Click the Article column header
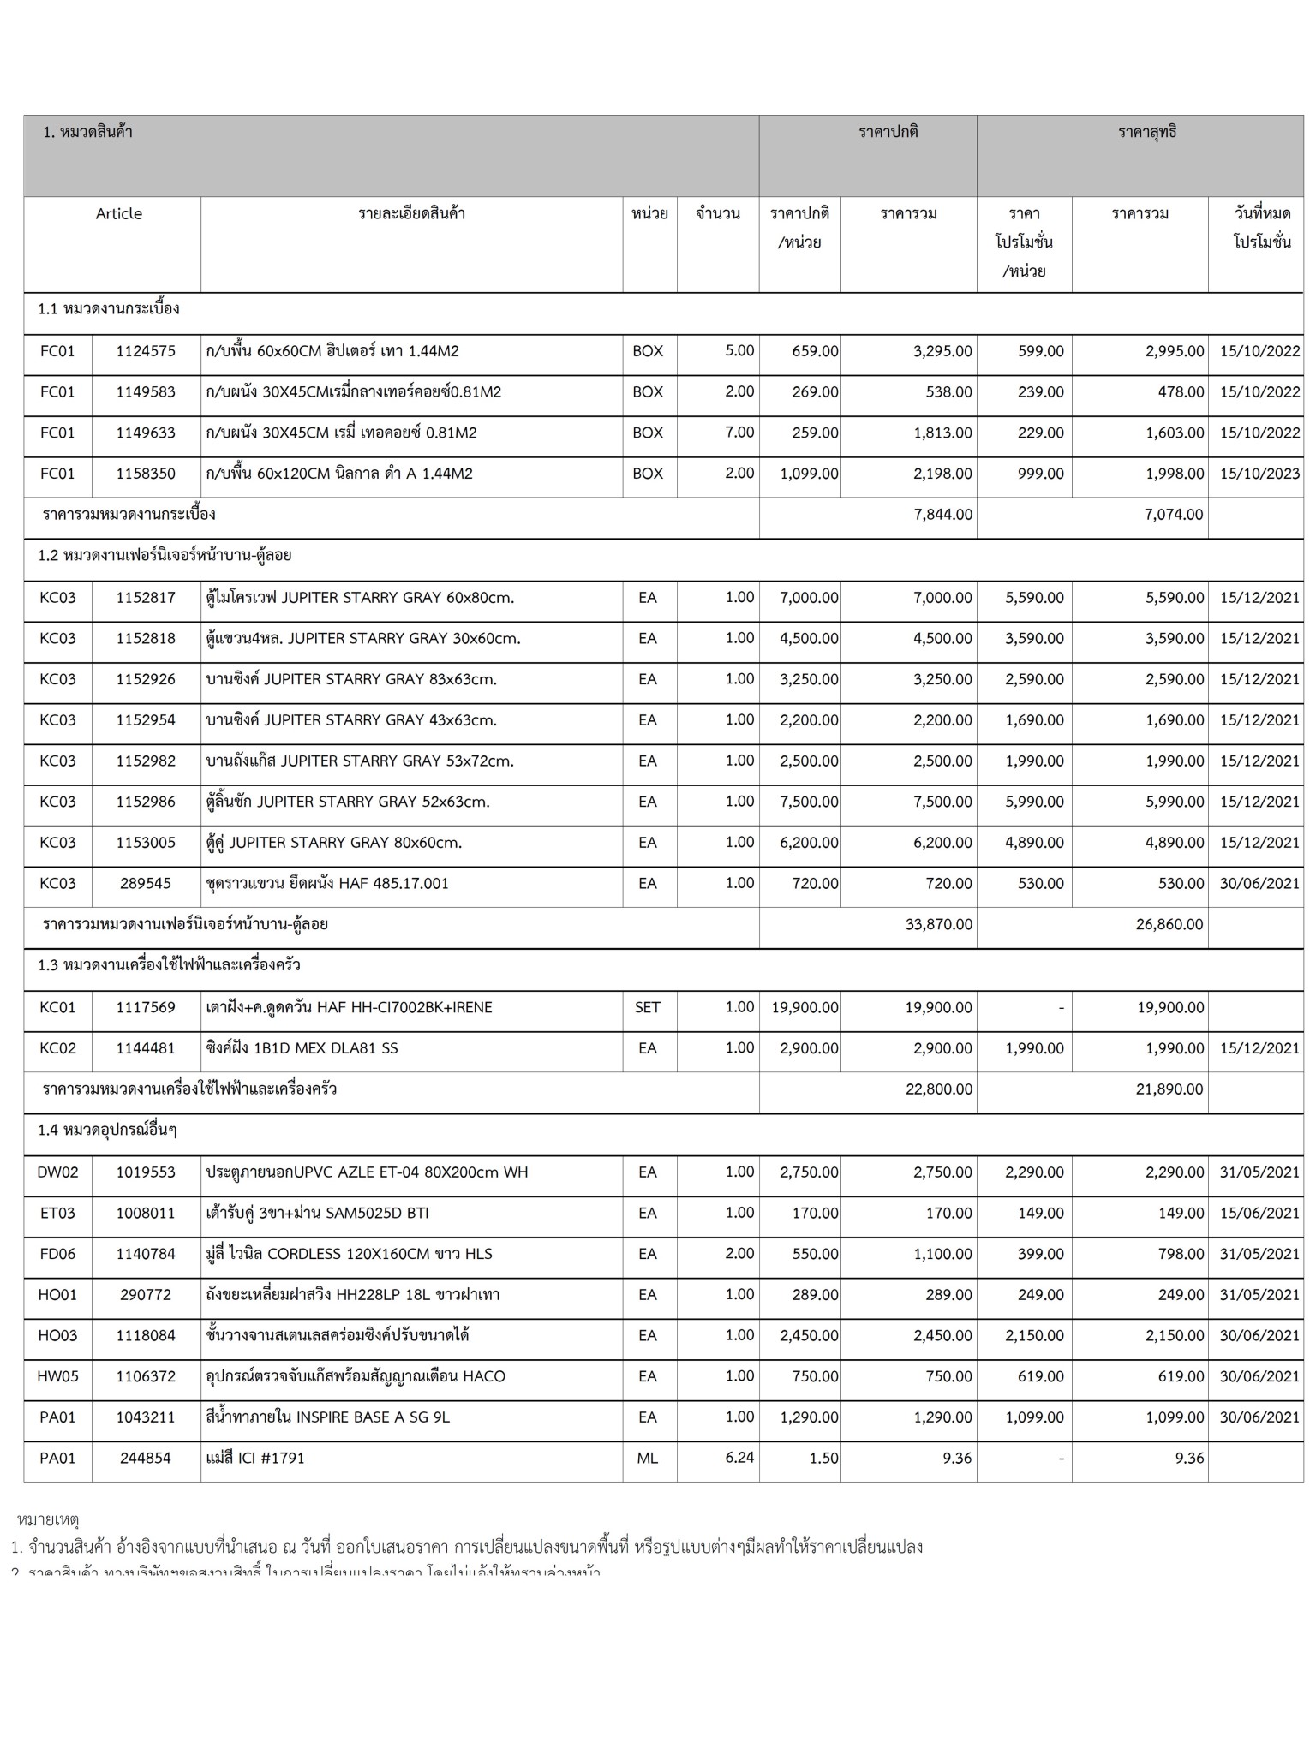119,214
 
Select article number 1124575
146,351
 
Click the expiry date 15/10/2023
1259,474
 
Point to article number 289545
146,884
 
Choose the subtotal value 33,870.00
938,925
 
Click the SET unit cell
648,1008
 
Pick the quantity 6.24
739,1458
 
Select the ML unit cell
648,1459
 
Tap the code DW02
57,1172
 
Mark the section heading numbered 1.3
169,966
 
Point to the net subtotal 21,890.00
1169,1089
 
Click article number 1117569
146,1008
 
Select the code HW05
57,1376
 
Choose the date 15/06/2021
1259,1214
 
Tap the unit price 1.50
823,1459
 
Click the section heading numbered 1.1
109,309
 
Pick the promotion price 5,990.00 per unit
1034,802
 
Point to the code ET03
57,1214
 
